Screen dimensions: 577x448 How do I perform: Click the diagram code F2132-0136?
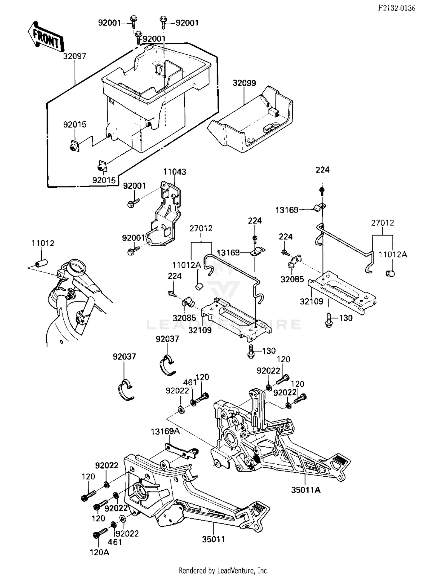click(396, 8)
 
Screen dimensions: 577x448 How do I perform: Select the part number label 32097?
click(74, 56)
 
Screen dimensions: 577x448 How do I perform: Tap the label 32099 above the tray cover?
click(244, 83)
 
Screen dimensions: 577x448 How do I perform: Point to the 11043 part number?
click(174, 172)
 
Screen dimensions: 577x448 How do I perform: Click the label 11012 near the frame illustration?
click(43, 243)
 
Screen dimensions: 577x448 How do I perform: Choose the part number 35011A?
click(306, 490)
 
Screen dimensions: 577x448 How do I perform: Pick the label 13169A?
click(165, 432)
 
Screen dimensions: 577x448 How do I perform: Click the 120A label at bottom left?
click(99, 552)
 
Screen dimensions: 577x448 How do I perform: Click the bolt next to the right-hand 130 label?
click(329, 320)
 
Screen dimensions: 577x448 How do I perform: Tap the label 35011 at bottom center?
click(213, 539)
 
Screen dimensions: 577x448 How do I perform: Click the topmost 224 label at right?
click(322, 170)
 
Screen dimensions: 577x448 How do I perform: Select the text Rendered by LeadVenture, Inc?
click(223, 570)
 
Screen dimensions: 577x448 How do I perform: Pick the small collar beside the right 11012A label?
click(390, 273)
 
